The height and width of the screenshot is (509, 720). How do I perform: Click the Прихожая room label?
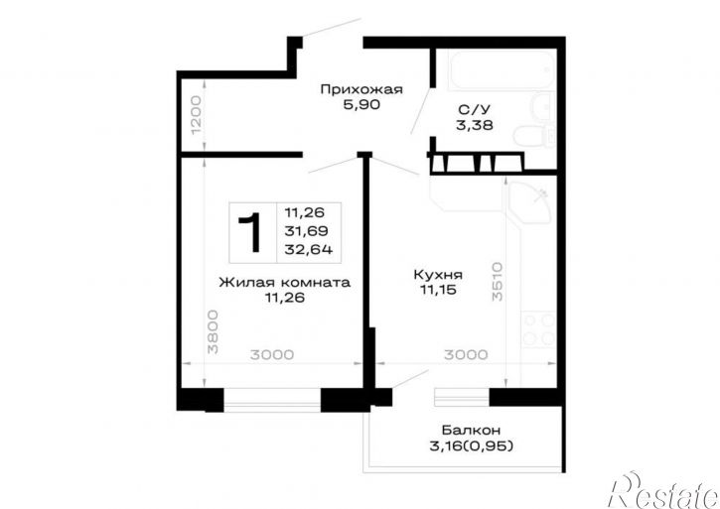pos(361,89)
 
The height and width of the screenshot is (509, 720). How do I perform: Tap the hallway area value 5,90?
pos(361,105)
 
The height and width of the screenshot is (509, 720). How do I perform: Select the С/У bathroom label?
pos(475,109)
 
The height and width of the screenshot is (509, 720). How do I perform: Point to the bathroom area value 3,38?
pos(475,125)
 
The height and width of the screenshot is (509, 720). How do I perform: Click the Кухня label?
pos(438,275)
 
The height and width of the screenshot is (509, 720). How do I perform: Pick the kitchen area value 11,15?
pos(438,290)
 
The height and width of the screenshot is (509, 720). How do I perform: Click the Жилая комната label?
pos(285,282)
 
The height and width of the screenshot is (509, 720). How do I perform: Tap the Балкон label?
pos(471,431)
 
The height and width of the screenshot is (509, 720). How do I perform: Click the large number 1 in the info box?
pos(250,233)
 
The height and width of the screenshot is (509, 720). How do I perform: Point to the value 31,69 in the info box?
pos(306,231)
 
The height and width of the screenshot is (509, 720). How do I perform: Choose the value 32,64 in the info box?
pos(309,250)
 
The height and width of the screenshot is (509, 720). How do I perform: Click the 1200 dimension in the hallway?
pos(196,115)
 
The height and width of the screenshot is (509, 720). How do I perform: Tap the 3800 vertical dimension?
pos(213,331)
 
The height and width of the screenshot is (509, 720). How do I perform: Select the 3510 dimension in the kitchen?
pos(498,282)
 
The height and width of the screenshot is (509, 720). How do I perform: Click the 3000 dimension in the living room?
pos(272,355)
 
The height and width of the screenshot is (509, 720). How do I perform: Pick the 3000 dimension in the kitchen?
pos(466,355)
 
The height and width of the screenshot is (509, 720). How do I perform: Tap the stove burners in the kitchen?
pos(539,329)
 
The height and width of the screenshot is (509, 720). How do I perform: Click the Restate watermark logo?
pos(663,490)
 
